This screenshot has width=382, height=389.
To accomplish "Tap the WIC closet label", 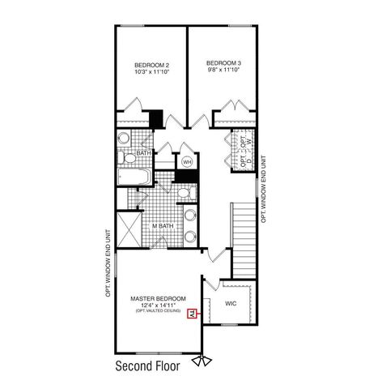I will coord(230,304).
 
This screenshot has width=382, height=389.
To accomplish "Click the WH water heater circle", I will coord(185,160).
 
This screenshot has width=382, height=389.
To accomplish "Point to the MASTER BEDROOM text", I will coord(157,298).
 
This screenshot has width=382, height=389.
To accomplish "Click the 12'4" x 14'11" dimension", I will coord(157,306).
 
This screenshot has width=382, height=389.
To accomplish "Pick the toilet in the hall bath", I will coord(124,139).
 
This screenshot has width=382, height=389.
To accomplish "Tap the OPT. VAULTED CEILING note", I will coord(157,313).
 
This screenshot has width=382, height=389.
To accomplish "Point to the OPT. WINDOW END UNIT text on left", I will coord(107,264).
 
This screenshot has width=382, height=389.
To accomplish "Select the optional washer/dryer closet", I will coord(245,151).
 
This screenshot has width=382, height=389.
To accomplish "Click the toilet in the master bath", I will coord(185,193).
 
